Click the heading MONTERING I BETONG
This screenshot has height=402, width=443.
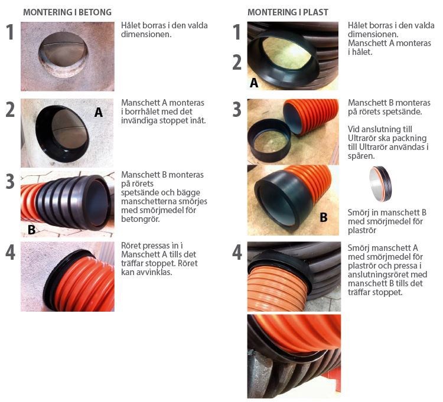click(67, 12)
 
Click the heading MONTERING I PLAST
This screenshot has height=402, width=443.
click(288, 12)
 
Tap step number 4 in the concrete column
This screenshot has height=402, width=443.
click(10, 253)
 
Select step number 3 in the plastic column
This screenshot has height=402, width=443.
click(237, 109)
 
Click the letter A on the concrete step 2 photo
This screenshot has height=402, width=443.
click(98, 112)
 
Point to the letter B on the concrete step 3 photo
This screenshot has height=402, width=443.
click(31, 230)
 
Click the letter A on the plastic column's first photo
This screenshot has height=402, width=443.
click(254, 83)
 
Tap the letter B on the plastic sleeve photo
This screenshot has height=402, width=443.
click(324, 217)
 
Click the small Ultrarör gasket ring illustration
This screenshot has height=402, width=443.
click(380, 184)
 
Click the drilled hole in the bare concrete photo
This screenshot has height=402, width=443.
click(63, 55)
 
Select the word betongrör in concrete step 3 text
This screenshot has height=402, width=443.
click(141, 219)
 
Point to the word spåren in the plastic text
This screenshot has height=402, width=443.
click(361, 156)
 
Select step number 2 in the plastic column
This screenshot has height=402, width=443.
click(237, 63)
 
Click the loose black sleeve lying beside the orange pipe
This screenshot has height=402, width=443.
click(269, 140)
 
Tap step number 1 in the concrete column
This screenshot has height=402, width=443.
click(10, 32)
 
